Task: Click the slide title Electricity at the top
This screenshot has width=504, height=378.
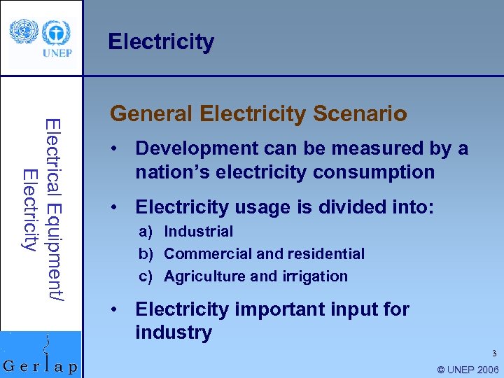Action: tap(161, 42)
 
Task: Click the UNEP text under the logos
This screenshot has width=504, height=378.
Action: tap(56, 52)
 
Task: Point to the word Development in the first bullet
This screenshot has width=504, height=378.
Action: tap(193, 148)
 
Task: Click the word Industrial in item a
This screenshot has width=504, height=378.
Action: tap(198, 231)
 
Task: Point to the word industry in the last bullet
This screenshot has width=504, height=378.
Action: tap(173, 332)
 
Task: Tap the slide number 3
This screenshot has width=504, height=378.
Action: tap(493, 353)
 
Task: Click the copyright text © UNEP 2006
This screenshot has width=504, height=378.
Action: tap(467, 370)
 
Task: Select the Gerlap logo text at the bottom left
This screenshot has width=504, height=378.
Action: tap(41, 367)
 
